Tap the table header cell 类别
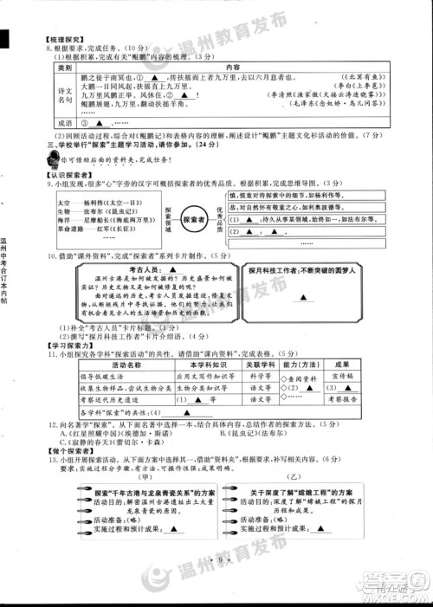pyautogui.click(x=63, y=67)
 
